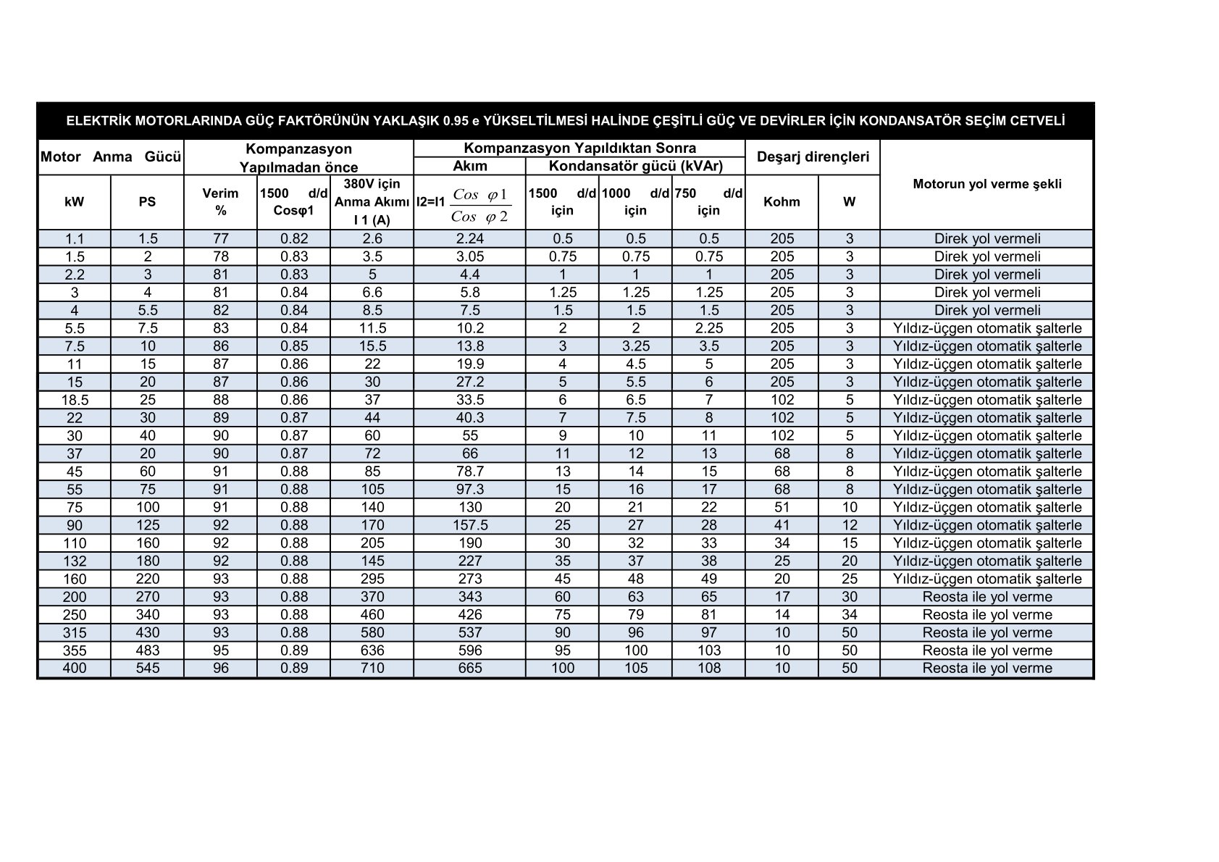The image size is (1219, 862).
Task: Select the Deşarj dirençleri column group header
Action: click(x=813, y=156)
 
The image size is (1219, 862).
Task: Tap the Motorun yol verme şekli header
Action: click(x=986, y=184)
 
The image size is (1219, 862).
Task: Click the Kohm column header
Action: click(x=782, y=202)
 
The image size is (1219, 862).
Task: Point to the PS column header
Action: click(x=147, y=202)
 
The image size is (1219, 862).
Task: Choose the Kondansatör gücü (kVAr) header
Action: click(x=635, y=166)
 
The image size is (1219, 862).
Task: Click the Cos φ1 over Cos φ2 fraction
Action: click(x=479, y=206)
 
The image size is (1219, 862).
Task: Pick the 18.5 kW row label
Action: click(x=75, y=400)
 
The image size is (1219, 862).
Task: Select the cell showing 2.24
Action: click(x=469, y=238)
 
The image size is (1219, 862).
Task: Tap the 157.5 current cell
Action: click(x=469, y=525)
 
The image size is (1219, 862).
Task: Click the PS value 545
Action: click(x=147, y=668)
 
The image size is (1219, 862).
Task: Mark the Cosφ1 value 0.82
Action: click(x=293, y=238)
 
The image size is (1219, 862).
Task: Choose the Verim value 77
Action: click(x=220, y=238)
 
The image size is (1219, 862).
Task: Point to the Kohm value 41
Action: click(x=782, y=525)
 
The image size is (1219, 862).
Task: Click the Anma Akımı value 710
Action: click(x=372, y=668)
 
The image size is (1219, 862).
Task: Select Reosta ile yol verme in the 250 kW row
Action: click(x=986, y=614)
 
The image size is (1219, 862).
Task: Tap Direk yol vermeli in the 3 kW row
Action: click(x=986, y=292)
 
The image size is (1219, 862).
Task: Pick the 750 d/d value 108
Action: click(x=708, y=668)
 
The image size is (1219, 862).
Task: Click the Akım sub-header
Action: click(x=469, y=166)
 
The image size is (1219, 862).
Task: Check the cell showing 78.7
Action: click(x=469, y=472)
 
